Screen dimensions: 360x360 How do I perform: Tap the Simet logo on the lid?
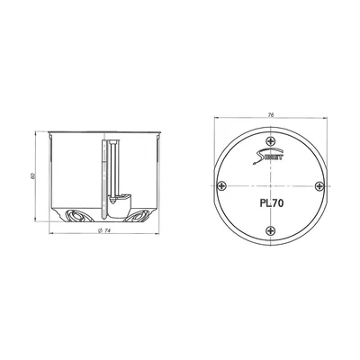[270, 158]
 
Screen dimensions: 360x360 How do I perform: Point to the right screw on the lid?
[316, 186]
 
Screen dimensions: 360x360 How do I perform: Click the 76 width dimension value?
[270, 115]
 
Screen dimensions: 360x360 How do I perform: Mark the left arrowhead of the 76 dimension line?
[216, 121]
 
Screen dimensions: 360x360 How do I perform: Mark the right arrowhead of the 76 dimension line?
[324, 121]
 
